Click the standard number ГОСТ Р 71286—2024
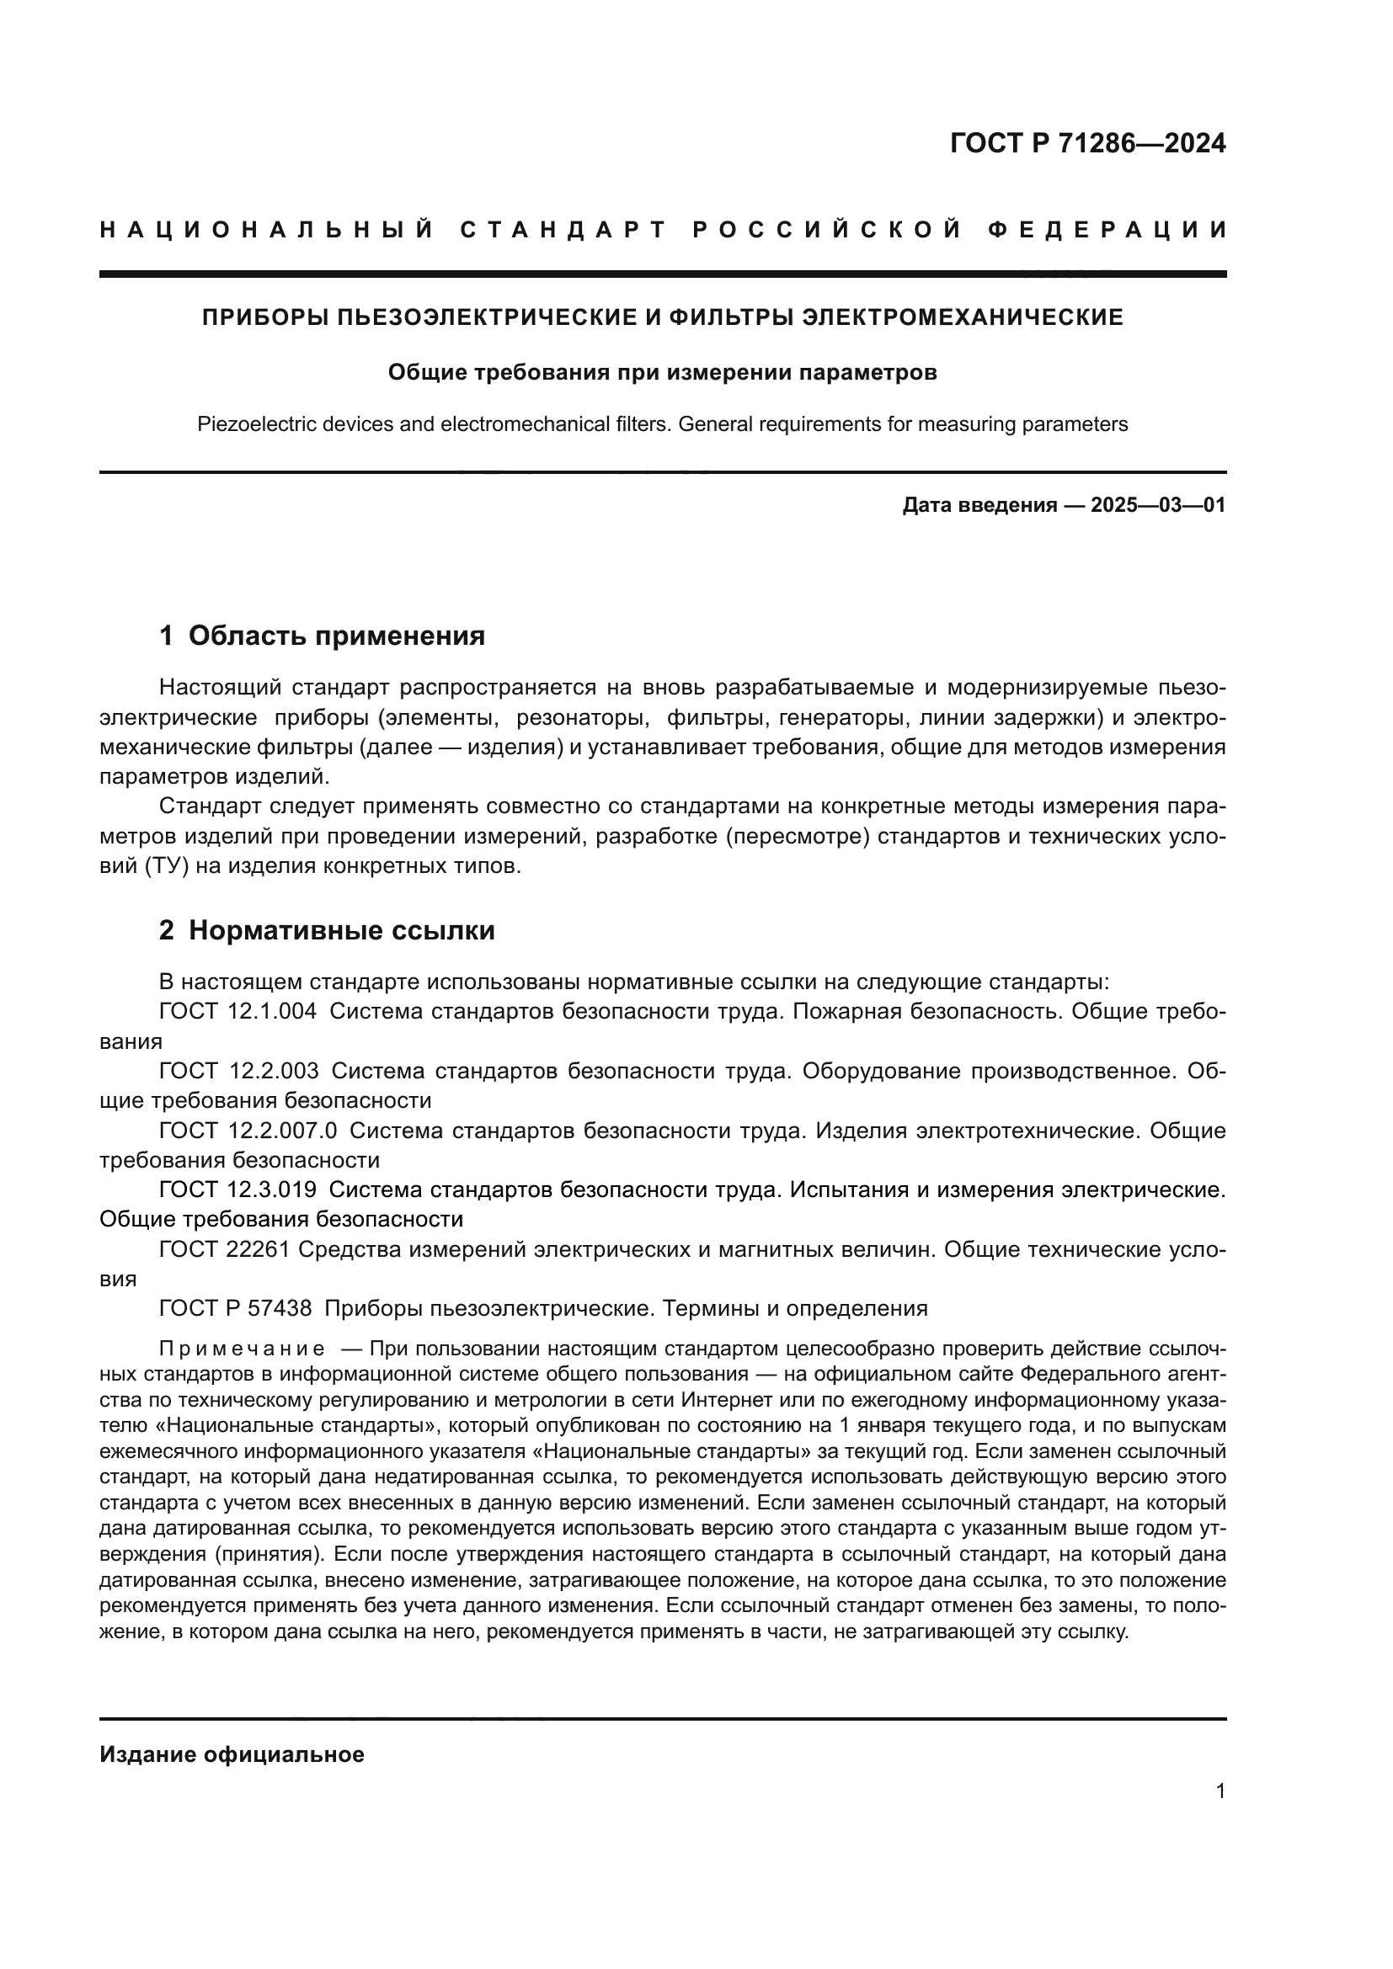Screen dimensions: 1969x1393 coord(1087,143)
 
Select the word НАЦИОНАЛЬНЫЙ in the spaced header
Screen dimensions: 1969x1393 coord(267,230)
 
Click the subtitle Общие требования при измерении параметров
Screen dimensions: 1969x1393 coord(662,373)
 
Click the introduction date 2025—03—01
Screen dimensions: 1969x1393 coord(1158,505)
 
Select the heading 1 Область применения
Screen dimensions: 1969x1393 coord(322,636)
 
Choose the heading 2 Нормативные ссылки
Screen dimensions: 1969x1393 coord(327,931)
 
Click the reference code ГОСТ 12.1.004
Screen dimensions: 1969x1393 coord(238,1012)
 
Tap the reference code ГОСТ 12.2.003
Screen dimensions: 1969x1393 coord(238,1071)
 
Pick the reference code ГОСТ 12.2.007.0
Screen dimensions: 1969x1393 coord(248,1131)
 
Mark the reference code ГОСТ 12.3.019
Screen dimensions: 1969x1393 coord(238,1190)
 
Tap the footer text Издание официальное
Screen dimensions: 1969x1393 coord(232,1754)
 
